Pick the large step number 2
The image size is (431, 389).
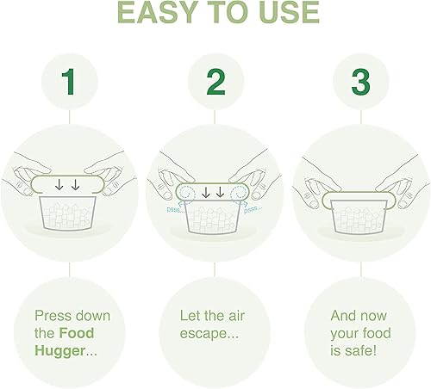(x=215, y=82)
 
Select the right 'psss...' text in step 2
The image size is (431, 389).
(x=254, y=208)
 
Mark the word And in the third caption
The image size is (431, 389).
(x=344, y=315)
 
